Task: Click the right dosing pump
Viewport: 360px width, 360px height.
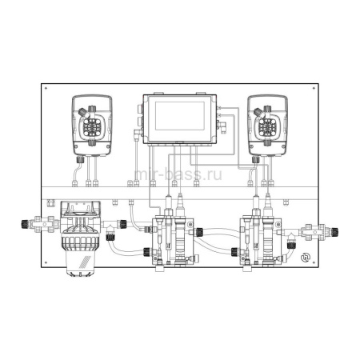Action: coord(266,125)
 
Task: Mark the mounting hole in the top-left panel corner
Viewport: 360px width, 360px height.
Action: coord(46,87)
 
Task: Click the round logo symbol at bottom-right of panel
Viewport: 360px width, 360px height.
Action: coord(304,258)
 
